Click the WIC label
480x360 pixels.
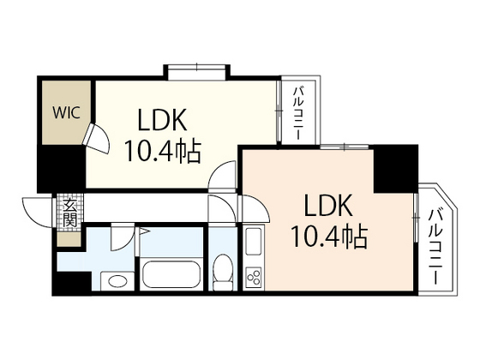pos(64,111)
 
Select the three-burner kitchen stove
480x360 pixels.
pos(255,276)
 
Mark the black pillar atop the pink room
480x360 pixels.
pos(394,167)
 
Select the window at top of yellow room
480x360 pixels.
pos(197,69)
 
